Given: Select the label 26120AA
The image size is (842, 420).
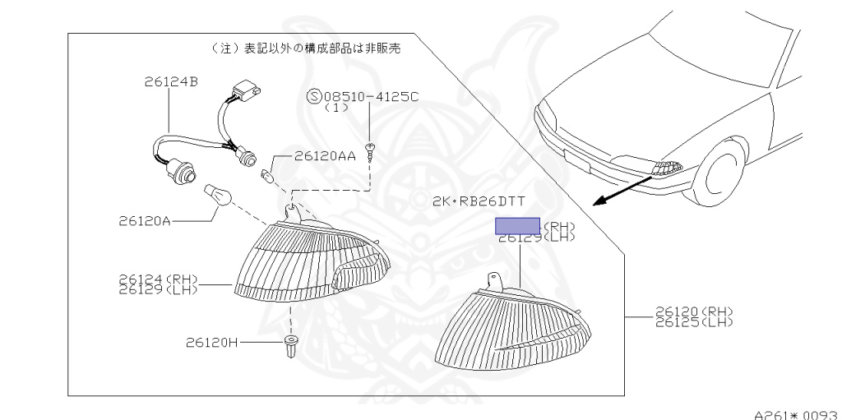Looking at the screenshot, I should pos(325,155).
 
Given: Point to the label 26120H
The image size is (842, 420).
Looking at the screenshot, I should pos(211,342).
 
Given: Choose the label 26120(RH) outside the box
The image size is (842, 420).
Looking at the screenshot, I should pos(693,312).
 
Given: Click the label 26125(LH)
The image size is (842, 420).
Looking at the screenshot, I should pos(693,322).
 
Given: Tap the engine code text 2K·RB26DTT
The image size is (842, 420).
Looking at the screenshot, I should pos(479,201).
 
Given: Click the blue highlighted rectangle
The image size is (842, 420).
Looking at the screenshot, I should pos(517,226).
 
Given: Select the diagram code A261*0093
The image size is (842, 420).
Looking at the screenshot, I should pos(794,413).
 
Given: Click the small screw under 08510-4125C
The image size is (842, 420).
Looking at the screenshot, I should pos(372,150).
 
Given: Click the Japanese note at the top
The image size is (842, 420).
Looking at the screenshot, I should pos(306,48).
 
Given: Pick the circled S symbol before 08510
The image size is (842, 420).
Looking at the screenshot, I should pos(313,96).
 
